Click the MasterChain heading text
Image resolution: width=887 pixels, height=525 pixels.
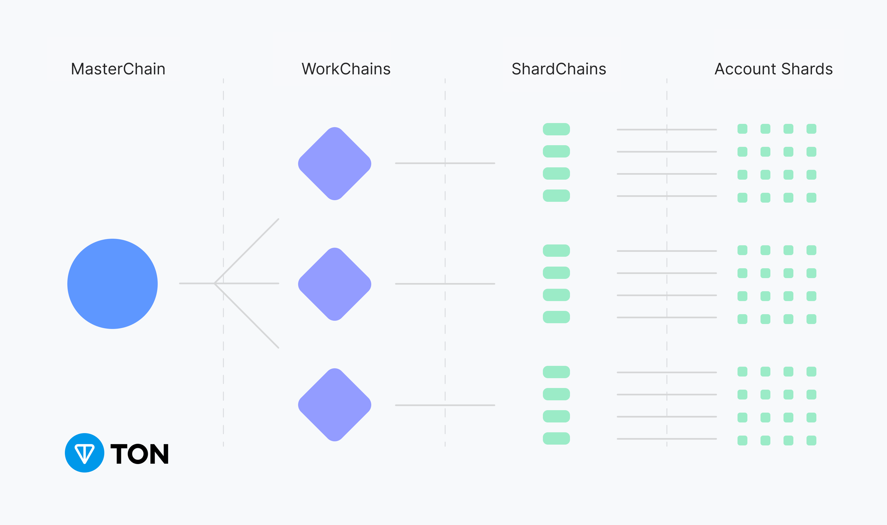coord(118,69)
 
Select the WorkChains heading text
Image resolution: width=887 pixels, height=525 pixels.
coord(346,69)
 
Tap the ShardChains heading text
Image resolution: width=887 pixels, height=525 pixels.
coord(559,69)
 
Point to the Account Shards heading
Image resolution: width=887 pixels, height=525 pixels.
coord(773,69)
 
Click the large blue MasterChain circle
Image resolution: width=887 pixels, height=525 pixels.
coord(112,284)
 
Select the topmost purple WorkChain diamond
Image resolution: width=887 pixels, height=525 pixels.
coord(335,164)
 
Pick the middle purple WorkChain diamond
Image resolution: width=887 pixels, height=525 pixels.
coord(335,284)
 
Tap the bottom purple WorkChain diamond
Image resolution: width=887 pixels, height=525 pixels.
coord(335,405)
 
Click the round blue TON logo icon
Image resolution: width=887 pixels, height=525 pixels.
coord(85,453)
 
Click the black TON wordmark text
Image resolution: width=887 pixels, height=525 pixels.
coord(140,454)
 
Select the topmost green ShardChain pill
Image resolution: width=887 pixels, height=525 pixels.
coord(556,129)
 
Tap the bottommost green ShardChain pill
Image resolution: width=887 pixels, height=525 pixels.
coord(556,438)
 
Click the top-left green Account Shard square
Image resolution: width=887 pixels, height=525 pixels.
coord(742,129)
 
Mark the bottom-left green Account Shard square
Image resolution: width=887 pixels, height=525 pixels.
coord(742,441)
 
